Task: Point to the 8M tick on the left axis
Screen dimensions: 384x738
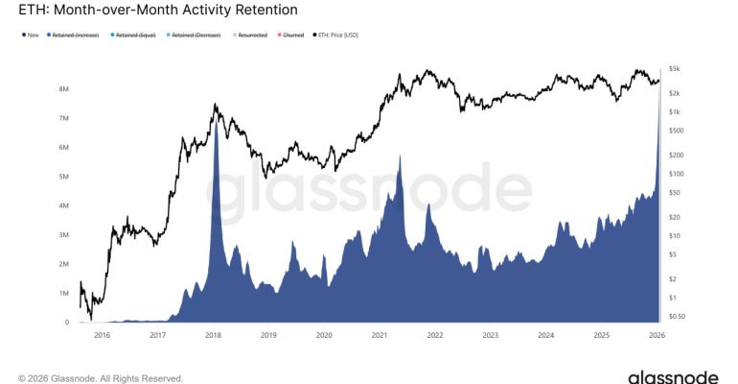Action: [x=61, y=88]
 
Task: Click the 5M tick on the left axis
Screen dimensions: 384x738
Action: [x=61, y=177]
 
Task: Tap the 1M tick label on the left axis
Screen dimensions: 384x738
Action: [x=61, y=294]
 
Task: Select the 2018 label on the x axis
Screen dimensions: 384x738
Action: [x=213, y=335]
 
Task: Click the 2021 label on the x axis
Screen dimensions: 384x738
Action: [x=380, y=335]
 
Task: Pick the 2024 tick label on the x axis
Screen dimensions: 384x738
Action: [x=545, y=335]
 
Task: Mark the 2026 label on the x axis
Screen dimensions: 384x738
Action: [x=657, y=335]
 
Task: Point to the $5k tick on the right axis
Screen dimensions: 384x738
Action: [x=675, y=69]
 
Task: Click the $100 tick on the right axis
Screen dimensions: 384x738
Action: [x=676, y=174]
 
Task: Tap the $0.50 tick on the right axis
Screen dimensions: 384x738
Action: [x=677, y=316]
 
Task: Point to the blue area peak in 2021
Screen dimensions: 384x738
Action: [x=399, y=156]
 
